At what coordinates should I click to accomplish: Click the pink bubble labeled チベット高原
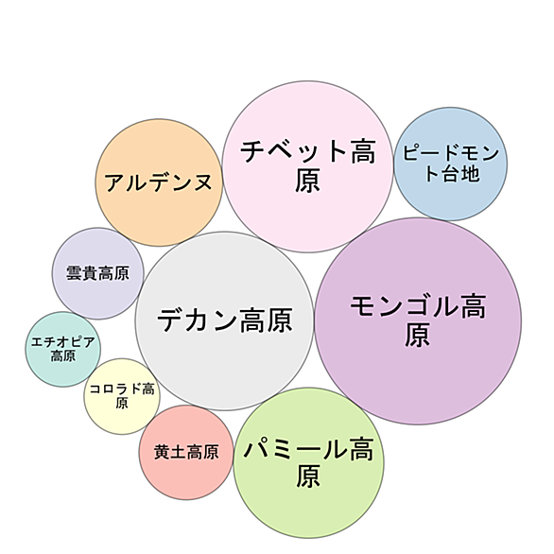click(307, 166)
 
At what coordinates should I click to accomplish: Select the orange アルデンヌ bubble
click(159, 182)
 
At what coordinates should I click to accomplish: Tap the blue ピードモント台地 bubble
click(450, 164)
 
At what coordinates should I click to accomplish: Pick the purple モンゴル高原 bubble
click(418, 320)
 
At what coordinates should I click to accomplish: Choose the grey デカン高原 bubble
click(224, 320)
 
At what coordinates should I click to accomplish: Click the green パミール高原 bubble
click(308, 463)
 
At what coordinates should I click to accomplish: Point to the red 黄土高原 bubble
click(186, 452)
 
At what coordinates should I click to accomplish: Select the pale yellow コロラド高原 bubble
click(122, 396)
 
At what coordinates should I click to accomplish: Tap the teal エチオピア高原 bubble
click(63, 349)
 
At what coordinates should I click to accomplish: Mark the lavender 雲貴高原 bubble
click(98, 273)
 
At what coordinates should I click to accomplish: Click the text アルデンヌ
click(159, 182)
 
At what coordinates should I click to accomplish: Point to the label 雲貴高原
click(98, 273)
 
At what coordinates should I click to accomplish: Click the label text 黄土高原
click(186, 452)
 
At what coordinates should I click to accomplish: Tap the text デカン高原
click(225, 320)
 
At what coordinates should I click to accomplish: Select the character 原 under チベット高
click(308, 181)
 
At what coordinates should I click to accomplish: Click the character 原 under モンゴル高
click(417, 335)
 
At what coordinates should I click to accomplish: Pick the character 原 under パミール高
click(308, 476)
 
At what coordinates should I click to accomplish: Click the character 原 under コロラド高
click(122, 403)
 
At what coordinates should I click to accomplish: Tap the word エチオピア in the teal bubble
click(63, 342)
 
